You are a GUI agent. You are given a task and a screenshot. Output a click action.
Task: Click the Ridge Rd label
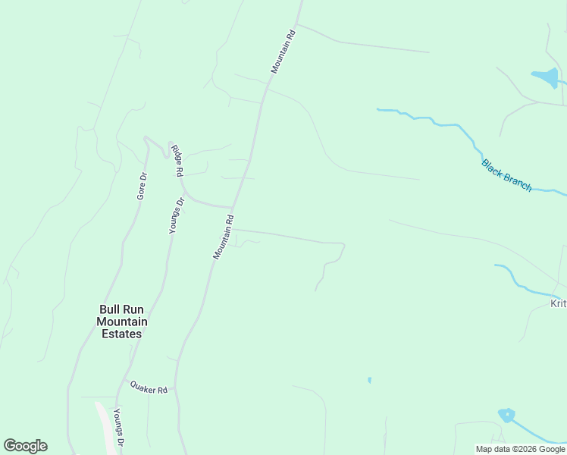coord(177,161)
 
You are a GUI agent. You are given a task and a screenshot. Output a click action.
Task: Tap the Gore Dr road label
coord(142,186)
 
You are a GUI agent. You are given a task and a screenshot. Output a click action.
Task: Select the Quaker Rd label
coord(148,388)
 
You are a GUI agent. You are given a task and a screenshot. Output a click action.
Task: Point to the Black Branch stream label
coord(506,175)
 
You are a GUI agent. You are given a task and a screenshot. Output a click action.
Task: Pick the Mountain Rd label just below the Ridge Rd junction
coord(222,237)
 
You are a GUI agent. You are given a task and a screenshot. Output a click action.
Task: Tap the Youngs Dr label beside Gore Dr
coord(176,215)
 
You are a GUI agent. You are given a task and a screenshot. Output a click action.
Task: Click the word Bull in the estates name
coord(110,309)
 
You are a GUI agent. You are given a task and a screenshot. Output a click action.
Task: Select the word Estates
coord(122,334)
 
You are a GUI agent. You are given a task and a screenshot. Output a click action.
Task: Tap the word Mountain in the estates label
coord(122,322)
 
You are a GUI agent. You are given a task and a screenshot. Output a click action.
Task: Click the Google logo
coord(25,446)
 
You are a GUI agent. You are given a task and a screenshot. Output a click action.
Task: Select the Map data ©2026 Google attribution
coord(520,449)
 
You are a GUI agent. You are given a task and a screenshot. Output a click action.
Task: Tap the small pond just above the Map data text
coord(506,415)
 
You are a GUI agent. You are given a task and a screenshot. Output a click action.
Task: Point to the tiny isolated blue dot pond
coord(369,380)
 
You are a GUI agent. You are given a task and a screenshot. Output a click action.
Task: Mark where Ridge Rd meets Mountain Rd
coord(232,207)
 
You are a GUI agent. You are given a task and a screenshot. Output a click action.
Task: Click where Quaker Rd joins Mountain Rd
coord(176,388)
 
